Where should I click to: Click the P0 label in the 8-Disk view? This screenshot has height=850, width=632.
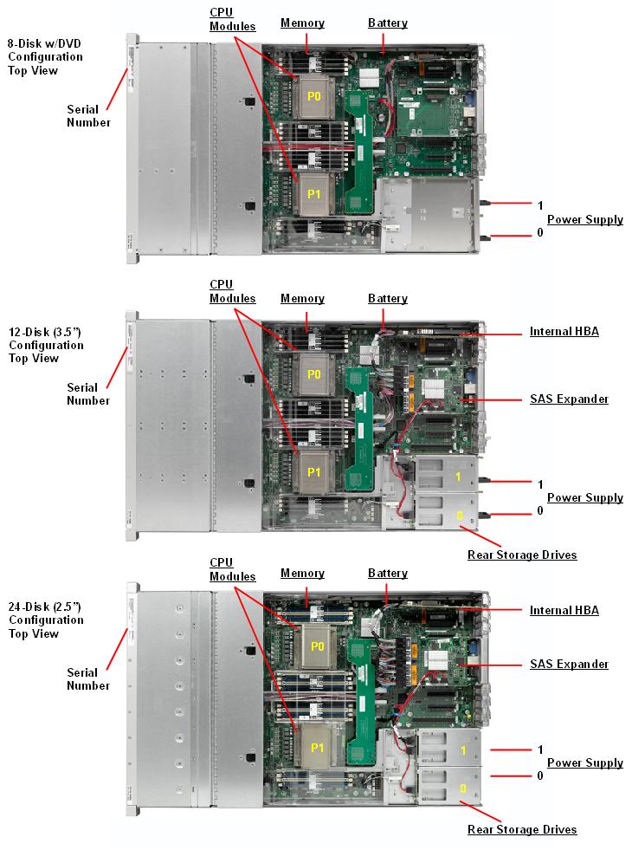coord(314,98)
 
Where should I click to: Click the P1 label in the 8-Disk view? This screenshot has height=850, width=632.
coord(314,195)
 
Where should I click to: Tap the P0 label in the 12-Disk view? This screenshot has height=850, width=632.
coord(314,374)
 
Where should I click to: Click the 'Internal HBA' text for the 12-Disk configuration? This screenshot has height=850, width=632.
coord(564,332)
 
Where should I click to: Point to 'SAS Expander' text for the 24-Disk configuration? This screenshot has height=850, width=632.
coord(569,665)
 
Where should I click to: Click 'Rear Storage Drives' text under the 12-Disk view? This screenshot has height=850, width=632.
coord(522,555)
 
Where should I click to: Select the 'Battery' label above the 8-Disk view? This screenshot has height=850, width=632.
coord(388,23)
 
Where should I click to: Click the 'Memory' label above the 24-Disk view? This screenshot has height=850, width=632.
coord(302,574)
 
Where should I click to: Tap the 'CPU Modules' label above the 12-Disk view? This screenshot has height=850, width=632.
coord(233,292)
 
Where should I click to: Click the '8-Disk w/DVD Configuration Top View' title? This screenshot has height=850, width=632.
coord(45,57)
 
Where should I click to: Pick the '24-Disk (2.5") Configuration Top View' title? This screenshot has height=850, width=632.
coord(46,620)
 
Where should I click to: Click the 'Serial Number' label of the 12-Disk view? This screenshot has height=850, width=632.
coord(88,394)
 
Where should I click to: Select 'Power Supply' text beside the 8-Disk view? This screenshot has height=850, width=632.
coord(585,220)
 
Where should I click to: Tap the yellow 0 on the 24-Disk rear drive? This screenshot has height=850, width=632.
coord(462,788)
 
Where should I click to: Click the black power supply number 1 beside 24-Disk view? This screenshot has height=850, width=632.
coord(540,749)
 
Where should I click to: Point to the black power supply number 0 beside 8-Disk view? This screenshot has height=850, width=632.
coord(540,233)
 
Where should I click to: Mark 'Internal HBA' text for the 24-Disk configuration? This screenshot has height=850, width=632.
coord(564,611)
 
